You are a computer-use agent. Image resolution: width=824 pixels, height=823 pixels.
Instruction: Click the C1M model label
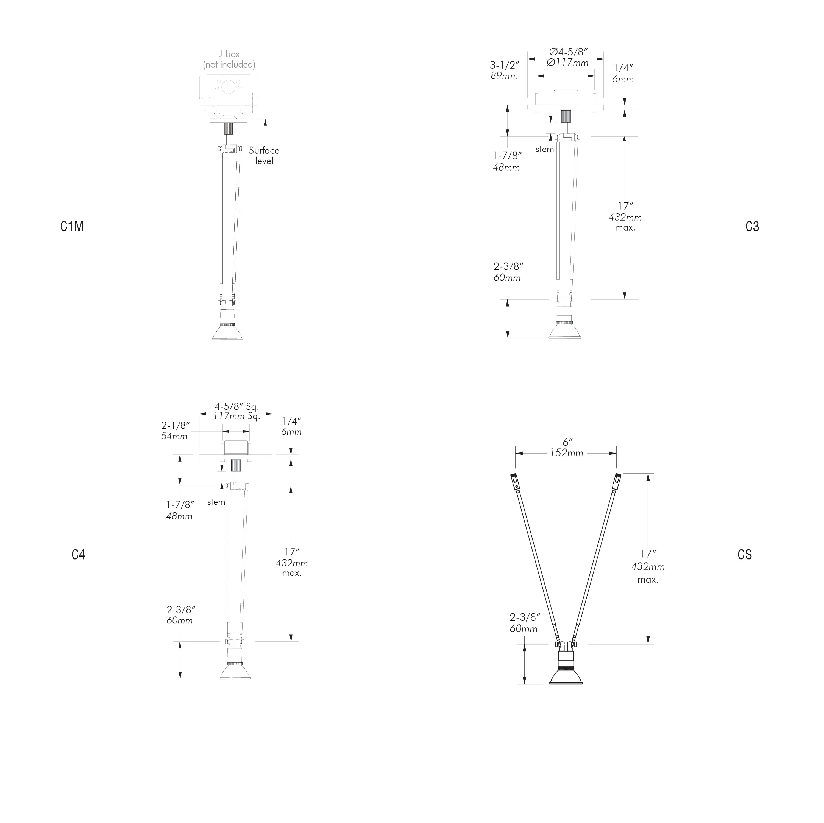pos(72,226)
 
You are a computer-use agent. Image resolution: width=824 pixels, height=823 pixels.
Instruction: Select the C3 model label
pos(752,226)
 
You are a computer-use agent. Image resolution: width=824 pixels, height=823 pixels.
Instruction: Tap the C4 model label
pos(79,555)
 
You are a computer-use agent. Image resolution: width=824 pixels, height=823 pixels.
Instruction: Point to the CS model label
pos(745,555)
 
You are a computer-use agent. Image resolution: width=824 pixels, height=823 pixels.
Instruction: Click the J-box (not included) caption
pos(229,59)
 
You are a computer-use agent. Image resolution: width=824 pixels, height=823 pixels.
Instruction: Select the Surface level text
pos(264,156)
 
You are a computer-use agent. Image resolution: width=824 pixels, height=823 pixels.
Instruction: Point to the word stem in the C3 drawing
pos(545,149)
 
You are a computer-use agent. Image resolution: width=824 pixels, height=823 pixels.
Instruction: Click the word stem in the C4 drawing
pos(216,502)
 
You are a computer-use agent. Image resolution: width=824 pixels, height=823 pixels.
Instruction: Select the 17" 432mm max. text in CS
pos(648,566)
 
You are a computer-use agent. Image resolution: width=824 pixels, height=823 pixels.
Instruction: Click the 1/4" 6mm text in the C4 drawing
pos(292,426)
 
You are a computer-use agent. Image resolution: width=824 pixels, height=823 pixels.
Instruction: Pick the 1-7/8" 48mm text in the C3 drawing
pos(507,162)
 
